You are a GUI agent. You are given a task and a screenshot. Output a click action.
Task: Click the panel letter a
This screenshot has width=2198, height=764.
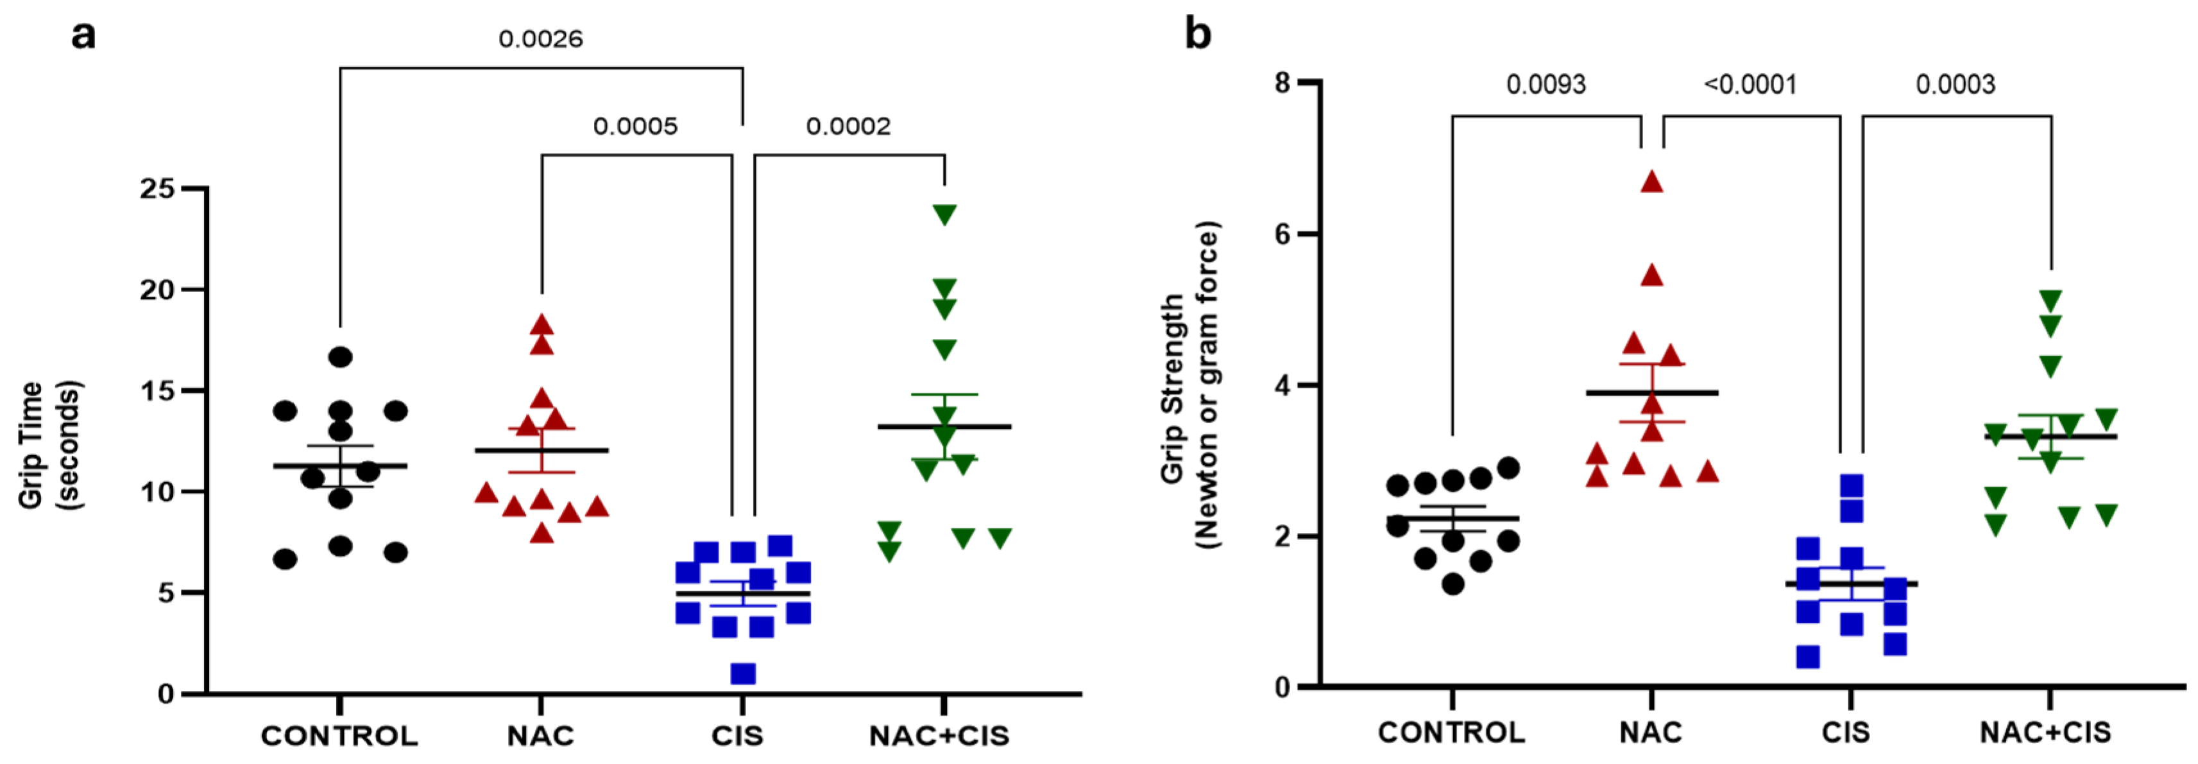click(83, 36)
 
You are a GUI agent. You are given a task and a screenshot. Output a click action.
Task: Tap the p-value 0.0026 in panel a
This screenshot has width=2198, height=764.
click(540, 39)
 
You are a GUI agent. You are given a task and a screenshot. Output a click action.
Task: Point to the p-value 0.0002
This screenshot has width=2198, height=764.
click(848, 126)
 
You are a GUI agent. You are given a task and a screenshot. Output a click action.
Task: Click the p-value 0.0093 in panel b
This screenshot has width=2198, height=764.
click(1546, 85)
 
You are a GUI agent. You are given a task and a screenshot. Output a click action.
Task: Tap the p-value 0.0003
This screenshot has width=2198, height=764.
click(1955, 85)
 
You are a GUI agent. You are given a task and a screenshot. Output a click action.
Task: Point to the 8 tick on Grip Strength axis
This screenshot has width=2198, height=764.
click(1282, 83)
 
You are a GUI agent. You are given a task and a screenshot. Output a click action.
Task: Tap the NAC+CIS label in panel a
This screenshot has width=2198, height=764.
click(939, 735)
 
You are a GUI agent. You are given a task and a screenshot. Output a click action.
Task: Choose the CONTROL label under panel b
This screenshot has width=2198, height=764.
click(1451, 731)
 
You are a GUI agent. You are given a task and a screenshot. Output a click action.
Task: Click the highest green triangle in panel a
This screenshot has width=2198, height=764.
click(944, 214)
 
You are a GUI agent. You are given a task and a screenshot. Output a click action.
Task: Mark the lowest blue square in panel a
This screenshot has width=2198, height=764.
click(742, 673)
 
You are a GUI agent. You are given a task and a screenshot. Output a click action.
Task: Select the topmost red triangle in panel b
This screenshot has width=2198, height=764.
click(1652, 182)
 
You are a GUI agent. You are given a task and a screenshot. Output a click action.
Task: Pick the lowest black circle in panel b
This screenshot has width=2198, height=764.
click(1453, 584)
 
